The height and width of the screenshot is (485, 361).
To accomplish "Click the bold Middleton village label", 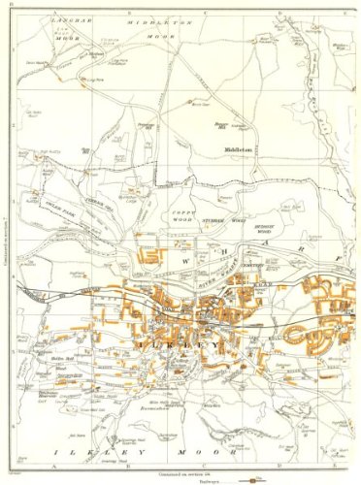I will [x=236, y=151].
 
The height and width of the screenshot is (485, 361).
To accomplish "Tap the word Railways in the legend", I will [x=222, y=479].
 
